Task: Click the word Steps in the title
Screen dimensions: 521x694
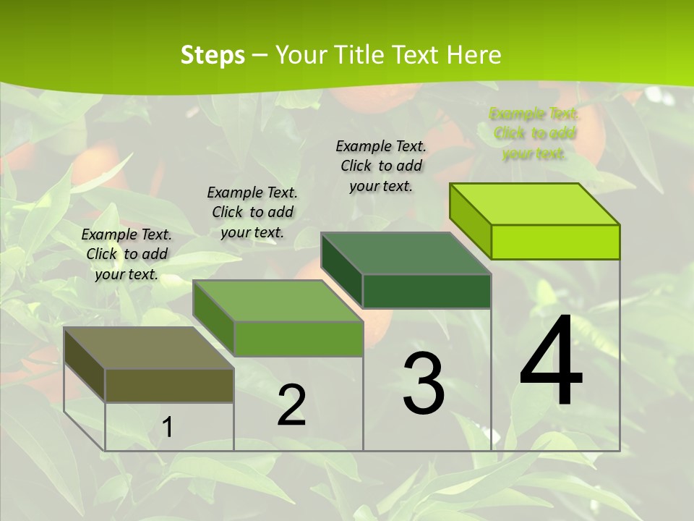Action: pyautogui.click(x=213, y=55)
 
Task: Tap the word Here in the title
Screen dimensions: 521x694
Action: pyautogui.click(x=474, y=55)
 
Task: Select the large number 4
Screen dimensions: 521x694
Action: pyautogui.click(x=551, y=362)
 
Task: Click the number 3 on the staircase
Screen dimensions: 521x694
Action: pyautogui.click(x=424, y=384)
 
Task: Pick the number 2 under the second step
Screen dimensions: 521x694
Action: pyautogui.click(x=291, y=405)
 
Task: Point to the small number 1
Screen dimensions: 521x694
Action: pyautogui.click(x=168, y=428)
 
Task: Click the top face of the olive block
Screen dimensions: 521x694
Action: pyautogui.click(x=148, y=348)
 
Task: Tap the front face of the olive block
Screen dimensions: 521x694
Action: pyautogui.click(x=169, y=385)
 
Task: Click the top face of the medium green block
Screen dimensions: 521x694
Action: pyautogui.click(x=277, y=301)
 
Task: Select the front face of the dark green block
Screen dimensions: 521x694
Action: pyautogui.click(x=427, y=291)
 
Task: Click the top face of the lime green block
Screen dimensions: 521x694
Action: pyautogui.click(x=534, y=204)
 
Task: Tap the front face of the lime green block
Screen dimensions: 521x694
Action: pyautogui.click(x=555, y=242)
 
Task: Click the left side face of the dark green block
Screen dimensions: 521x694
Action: pyautogui.click(x=341, y=268)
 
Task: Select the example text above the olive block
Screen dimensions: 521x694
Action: pyautogui.click(x=127, y=254)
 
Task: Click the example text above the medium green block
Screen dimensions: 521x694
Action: pyautogui.click(x=252, y=212)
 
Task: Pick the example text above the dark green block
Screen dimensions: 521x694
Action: pyautogui.click(x=381, y=166)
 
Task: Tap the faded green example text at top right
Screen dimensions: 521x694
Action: pyautogui.click(x=534, y=133)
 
